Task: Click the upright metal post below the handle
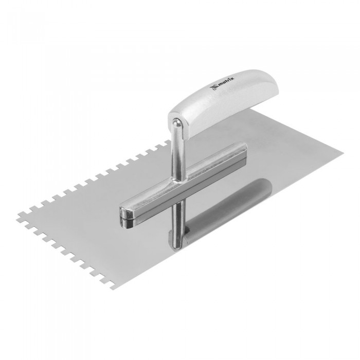(x=178, y=154)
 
